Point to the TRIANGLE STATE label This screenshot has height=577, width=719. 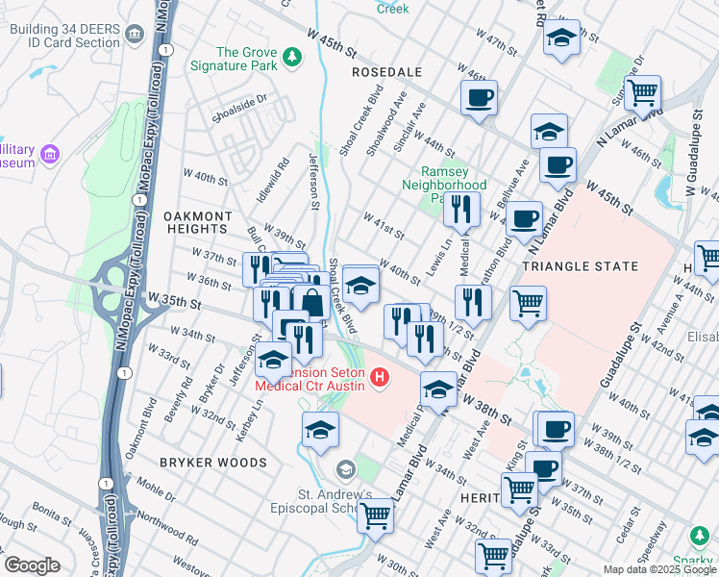tap(580, 265)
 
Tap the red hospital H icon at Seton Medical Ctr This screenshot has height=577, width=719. tap(380, 378)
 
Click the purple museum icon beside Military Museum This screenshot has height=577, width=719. tap(50, 155)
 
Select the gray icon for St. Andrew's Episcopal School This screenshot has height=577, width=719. tap(345, 469)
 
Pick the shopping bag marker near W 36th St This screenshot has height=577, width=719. tap(312, 303)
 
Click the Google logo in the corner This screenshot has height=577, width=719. tap(32, 565)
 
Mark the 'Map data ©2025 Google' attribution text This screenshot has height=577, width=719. tap(658, 569)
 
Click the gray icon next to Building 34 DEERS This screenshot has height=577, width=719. tap(135, 35)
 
